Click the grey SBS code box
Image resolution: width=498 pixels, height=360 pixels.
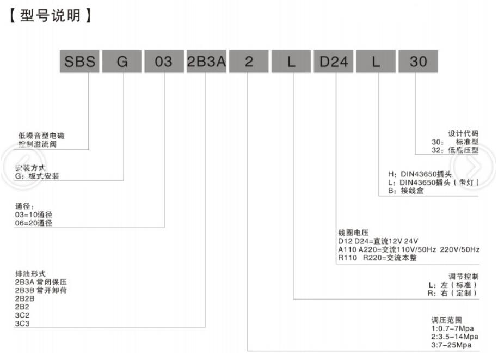80,62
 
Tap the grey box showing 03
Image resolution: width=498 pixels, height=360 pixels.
164,62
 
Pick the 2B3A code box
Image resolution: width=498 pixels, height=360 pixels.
206,62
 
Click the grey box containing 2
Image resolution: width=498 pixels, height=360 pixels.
248,62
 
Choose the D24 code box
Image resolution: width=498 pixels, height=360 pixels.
333,62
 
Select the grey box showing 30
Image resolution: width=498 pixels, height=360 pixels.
419,62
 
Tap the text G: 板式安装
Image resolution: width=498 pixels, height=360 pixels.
38,176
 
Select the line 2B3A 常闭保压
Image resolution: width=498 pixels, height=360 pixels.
40,282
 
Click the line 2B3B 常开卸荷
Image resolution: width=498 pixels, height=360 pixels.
40,290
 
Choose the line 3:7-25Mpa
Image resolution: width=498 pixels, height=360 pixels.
450,345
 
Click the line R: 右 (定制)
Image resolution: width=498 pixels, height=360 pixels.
453,293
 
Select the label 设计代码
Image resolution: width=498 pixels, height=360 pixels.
463,133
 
